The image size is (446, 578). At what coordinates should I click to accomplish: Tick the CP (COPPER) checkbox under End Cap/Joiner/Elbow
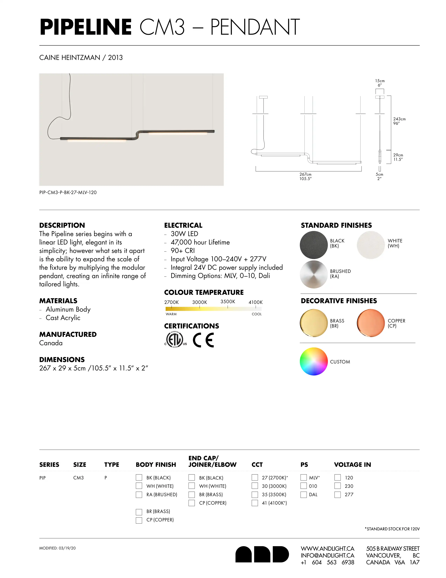coord(192,503)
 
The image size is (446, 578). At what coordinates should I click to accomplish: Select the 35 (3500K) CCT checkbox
coord(255,494)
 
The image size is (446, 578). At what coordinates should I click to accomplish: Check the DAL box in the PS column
coord(304,494)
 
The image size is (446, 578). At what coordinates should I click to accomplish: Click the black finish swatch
coord(314,245)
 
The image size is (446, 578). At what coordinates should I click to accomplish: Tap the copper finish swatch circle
coord(371,323)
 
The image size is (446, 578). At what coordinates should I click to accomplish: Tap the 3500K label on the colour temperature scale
coord(228,302)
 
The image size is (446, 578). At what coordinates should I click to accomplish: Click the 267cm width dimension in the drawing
coord(305,176)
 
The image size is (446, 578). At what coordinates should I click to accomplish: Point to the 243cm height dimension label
coord(399,121)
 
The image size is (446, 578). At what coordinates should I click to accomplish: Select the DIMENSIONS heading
coord(62,359)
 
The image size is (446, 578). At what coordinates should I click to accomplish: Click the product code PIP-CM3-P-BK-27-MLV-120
coord(68,192)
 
